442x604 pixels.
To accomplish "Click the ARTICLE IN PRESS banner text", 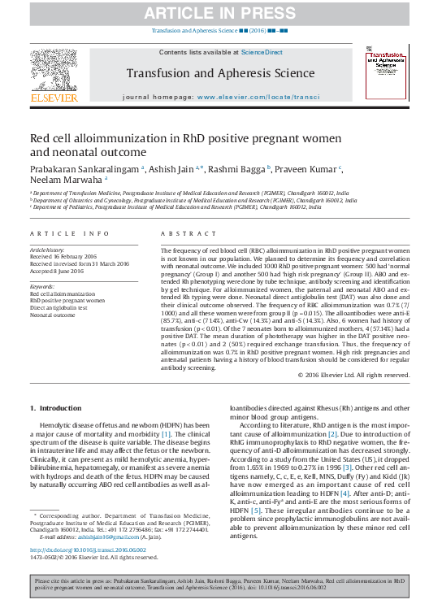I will pyautogui.click(x=220, y=13).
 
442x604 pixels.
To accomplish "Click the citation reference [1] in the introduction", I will pyautogui.click(x=166, y=435).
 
